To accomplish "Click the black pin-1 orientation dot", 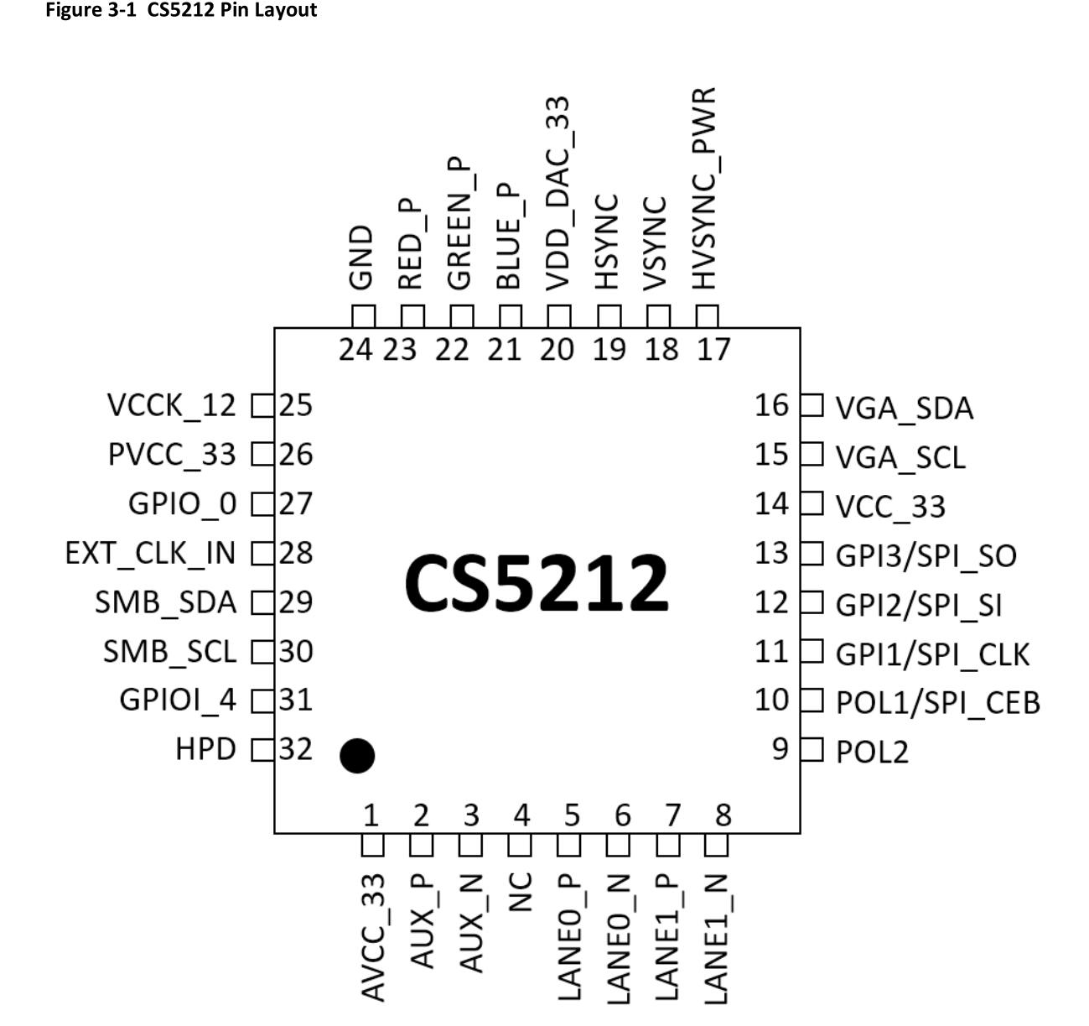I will [x=357, y=756].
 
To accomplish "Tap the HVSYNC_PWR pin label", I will [x=705, y=188].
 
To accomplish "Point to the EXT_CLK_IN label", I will [x=151, y=554].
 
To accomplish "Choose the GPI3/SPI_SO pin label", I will [x=926, y=556].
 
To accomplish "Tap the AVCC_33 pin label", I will [x=373, y=936].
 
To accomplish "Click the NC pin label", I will [x=521, y=891].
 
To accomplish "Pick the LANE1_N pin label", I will [x=718, y=937].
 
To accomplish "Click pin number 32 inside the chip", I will [x=295, y=748].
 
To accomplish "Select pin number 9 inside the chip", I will [x=780, y=748].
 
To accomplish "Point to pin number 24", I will [x=355, y=349].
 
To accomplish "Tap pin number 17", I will [x=713, y=349].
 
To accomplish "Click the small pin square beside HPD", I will [x=263, y=749].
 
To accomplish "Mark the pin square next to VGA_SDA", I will [x=812, y=405].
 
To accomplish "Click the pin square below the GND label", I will [x=363, y=316].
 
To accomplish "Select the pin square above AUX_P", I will [x=422, y=846].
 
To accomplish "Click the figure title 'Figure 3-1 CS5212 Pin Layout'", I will [x=181, y=11].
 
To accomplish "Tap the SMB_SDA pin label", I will [x=165, y=602].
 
